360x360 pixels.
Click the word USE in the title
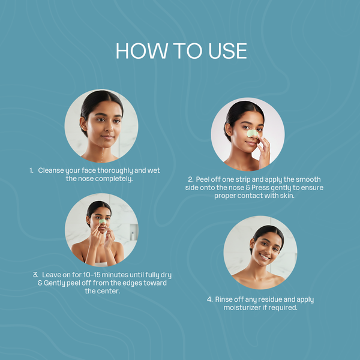tap(227, 51)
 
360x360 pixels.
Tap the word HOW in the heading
tap(142, 51)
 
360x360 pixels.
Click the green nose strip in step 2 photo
tap(252, 133)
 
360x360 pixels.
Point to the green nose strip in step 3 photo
tap(103, 221)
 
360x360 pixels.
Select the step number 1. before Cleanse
tap(31, 170)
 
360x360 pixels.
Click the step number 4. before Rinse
tap(209, 299)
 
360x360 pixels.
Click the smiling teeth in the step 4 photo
tap(265, 257)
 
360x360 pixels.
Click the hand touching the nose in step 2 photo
tap(264, 149)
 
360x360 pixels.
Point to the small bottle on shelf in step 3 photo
tap(133, 236)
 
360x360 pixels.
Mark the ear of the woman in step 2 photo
tap(229, 130)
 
